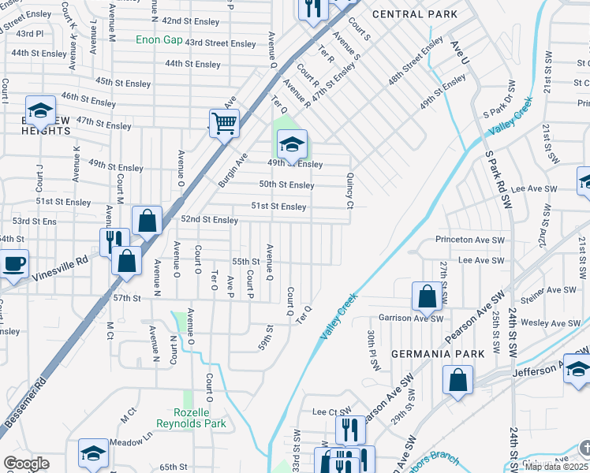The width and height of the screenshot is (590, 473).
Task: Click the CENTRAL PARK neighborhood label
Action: pyautogui.click(x=404, y=14)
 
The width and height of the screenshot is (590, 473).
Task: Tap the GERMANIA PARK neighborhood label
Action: pyautogui.click(x=437, y=354)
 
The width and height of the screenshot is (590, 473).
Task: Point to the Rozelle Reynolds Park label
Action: pyautogui.click(x=200, y=418)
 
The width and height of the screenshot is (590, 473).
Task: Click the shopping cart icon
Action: pyautogui.click(x=224, y=123)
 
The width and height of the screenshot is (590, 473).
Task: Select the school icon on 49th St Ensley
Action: pyautogui.click(x=291, y=145)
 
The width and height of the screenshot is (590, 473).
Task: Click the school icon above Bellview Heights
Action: pyautogui.click(x=40, y=111)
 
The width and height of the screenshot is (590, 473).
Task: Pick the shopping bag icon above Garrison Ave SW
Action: pyautogui.click(x=427, y=297)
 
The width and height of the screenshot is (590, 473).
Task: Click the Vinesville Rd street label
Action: pyautogui.click(x=58, y=268)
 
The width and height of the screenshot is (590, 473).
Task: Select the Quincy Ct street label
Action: pyautogui.click(x=349, y=192)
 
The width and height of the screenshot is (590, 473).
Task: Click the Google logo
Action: pyautogui.click(x=26, y=464)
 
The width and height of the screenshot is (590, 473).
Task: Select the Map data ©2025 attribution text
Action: pyautogui.click(x=555, y=466)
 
